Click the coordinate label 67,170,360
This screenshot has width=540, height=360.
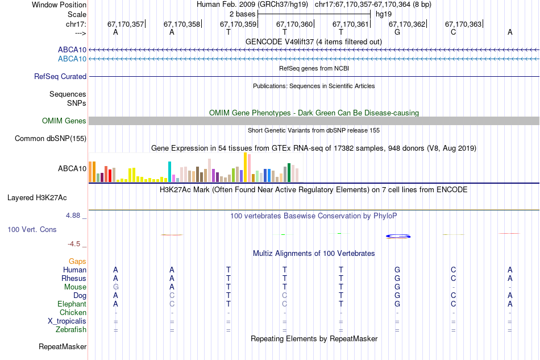point(294,24)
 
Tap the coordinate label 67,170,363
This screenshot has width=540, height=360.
point(463,24)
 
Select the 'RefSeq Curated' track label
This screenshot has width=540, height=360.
point(60,76)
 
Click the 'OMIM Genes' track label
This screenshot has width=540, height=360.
point(64,121)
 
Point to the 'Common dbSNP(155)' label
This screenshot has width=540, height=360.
point(51,138)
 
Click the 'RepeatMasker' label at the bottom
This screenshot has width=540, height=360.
point(63,346)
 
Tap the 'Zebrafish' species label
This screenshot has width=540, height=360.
point(71,329)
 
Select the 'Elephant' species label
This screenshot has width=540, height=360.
point(72,304)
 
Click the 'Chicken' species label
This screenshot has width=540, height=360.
point(73,312)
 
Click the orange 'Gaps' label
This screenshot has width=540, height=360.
point(77,261)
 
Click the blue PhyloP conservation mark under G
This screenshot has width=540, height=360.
point(398,236)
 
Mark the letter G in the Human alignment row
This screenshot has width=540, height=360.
point(397,270)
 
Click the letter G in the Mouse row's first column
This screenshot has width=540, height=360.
point(116,287)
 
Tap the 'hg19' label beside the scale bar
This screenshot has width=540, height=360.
point(384,14)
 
